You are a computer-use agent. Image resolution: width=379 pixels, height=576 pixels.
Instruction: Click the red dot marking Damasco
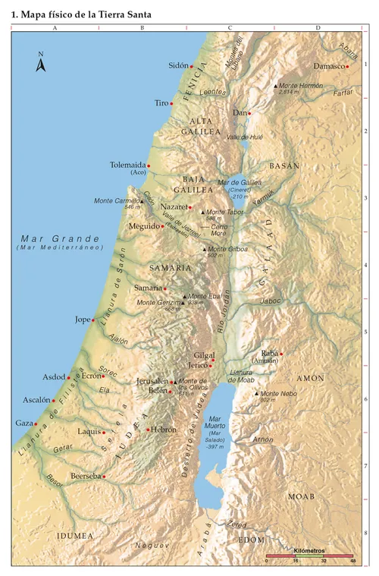(347, 66)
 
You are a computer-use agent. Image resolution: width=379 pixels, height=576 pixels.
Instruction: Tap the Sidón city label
(177, 66)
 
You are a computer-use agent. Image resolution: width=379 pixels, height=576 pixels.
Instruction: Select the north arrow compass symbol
(41, 63)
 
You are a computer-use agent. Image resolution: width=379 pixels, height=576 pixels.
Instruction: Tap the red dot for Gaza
(36, 423)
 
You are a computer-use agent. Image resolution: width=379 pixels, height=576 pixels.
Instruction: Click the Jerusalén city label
(152, 381)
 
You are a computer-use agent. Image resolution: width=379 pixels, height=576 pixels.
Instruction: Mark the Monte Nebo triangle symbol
(256, 393)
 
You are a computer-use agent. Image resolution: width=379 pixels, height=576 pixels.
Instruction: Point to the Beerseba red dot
(104, 477)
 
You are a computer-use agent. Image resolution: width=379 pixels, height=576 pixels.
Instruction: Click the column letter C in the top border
(229, 28)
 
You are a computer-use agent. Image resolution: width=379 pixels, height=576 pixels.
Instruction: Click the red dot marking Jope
(93, 320)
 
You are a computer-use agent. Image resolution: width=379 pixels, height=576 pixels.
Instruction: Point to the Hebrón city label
(163, 430)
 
